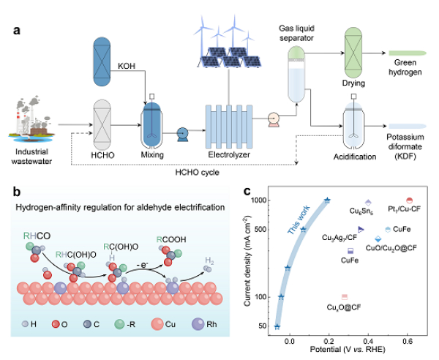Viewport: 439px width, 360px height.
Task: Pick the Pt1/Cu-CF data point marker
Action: [409, 200]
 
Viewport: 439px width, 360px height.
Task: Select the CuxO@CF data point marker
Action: [343, 296]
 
